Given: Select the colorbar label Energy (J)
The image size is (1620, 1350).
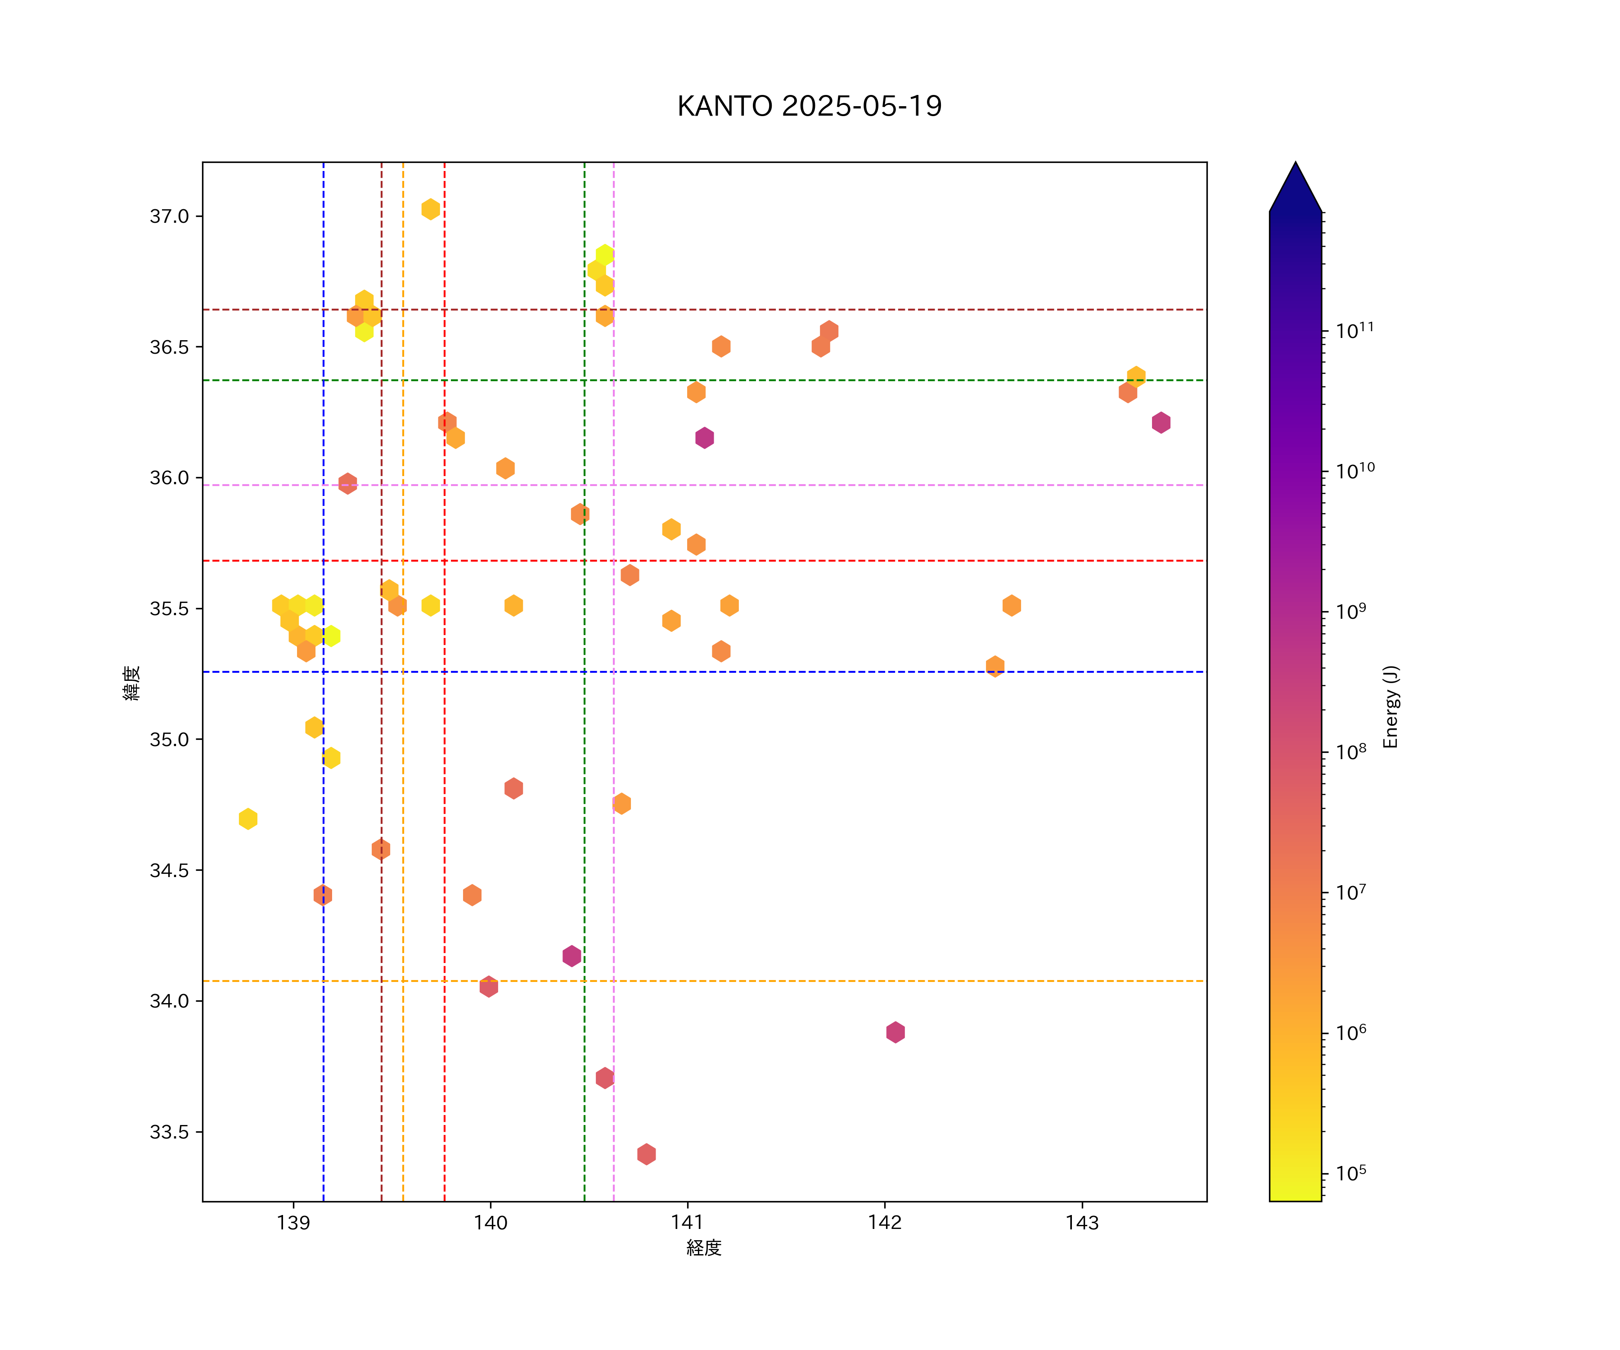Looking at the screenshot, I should point(1390,706).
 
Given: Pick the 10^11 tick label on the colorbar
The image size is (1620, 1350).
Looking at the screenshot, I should point(1354,331).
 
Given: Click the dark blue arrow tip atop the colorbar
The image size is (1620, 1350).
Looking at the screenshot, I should point(1295,185).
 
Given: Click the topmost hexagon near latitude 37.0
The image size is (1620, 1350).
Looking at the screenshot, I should point(431,209).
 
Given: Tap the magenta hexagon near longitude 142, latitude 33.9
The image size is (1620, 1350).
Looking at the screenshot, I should point(895,1032).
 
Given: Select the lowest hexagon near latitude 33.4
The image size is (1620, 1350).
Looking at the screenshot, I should point(647,1154).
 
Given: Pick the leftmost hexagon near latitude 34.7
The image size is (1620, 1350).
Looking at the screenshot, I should point(247,819).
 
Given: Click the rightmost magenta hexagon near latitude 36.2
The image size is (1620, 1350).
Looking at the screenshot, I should point(1161,423).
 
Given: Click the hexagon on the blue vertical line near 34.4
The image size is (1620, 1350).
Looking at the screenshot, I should point(323,895).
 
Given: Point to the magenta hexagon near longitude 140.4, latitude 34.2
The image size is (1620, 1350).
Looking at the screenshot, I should point(571,956).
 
